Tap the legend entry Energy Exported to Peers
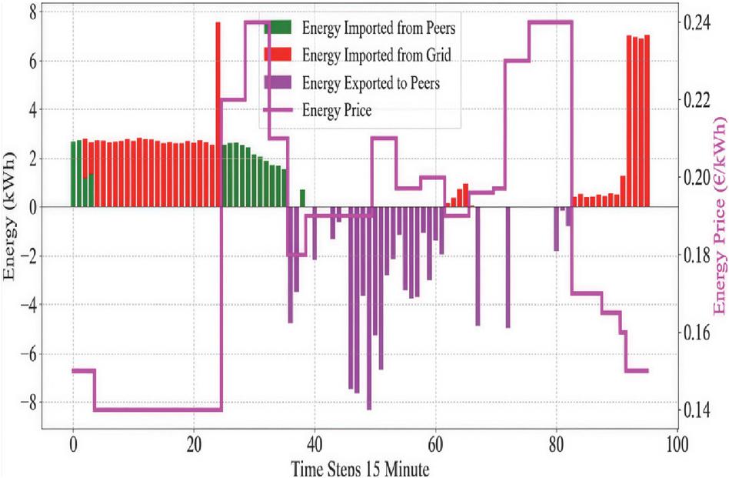point(371,83)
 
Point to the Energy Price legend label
point(338,111)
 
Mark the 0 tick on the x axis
point(73,445)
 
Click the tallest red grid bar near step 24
point(218,115)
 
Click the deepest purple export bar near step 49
point(369,308)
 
